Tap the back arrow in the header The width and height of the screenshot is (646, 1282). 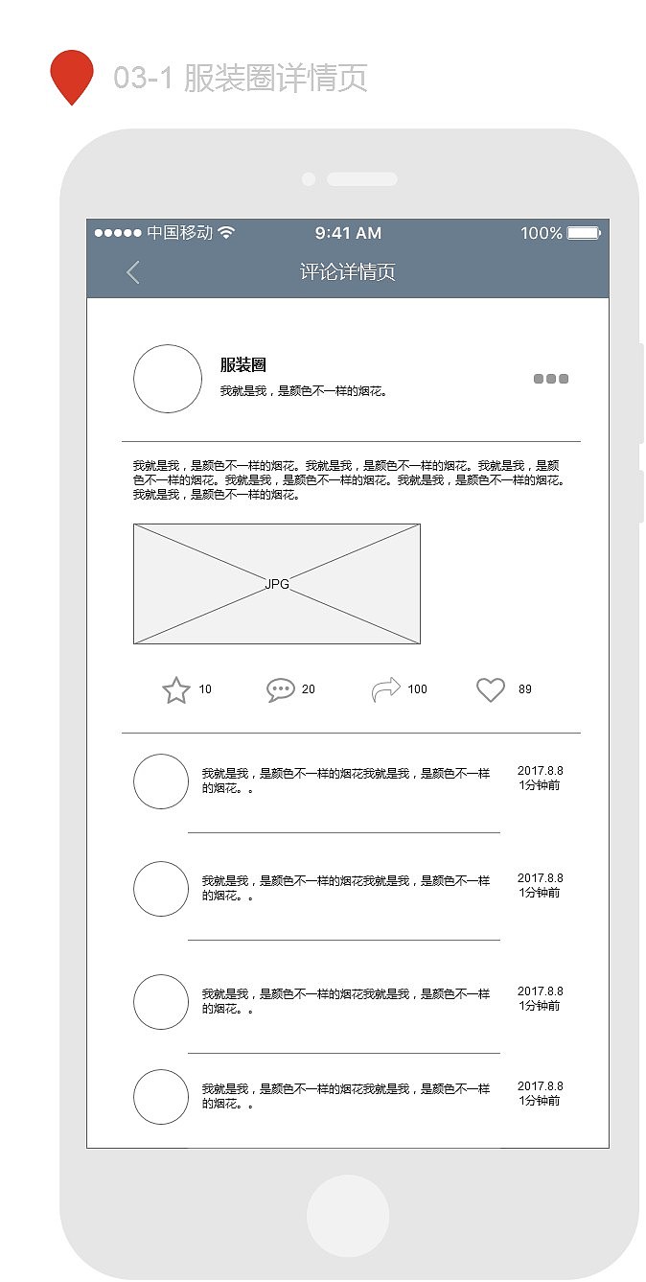[133, 272]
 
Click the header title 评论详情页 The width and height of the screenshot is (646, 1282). [347, 272]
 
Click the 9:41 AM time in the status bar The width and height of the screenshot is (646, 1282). [348, 233]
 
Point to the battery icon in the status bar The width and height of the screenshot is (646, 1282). [584, 233]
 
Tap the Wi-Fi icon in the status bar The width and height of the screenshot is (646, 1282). [226, 233]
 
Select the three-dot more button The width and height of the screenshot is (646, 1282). [551, 379]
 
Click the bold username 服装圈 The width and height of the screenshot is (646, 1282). [243, 365]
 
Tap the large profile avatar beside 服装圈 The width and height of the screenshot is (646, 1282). [168, 379]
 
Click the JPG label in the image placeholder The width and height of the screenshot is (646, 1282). [277, 584]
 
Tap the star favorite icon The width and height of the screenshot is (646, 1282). [176, 690]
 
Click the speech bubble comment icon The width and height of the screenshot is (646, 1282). [280, 690]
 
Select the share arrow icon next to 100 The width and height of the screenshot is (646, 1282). [385, 690]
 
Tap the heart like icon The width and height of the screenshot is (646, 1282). [491, 690]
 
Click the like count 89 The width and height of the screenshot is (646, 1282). [525, 689]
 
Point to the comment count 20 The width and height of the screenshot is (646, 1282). [309, 689]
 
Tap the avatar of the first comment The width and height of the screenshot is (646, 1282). [161, 781]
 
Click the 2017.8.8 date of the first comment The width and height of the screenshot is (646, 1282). [541, 771]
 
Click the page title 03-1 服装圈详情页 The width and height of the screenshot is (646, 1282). [241, 78]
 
